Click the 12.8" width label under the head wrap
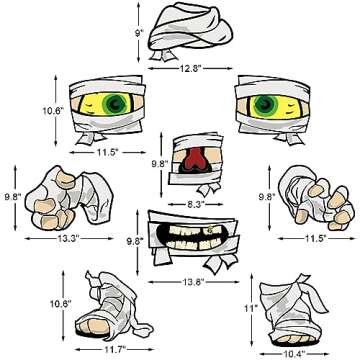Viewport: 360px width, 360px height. [193, 69]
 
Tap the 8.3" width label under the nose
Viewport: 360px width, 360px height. [196, 202]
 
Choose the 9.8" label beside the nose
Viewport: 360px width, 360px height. [158, 163]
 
